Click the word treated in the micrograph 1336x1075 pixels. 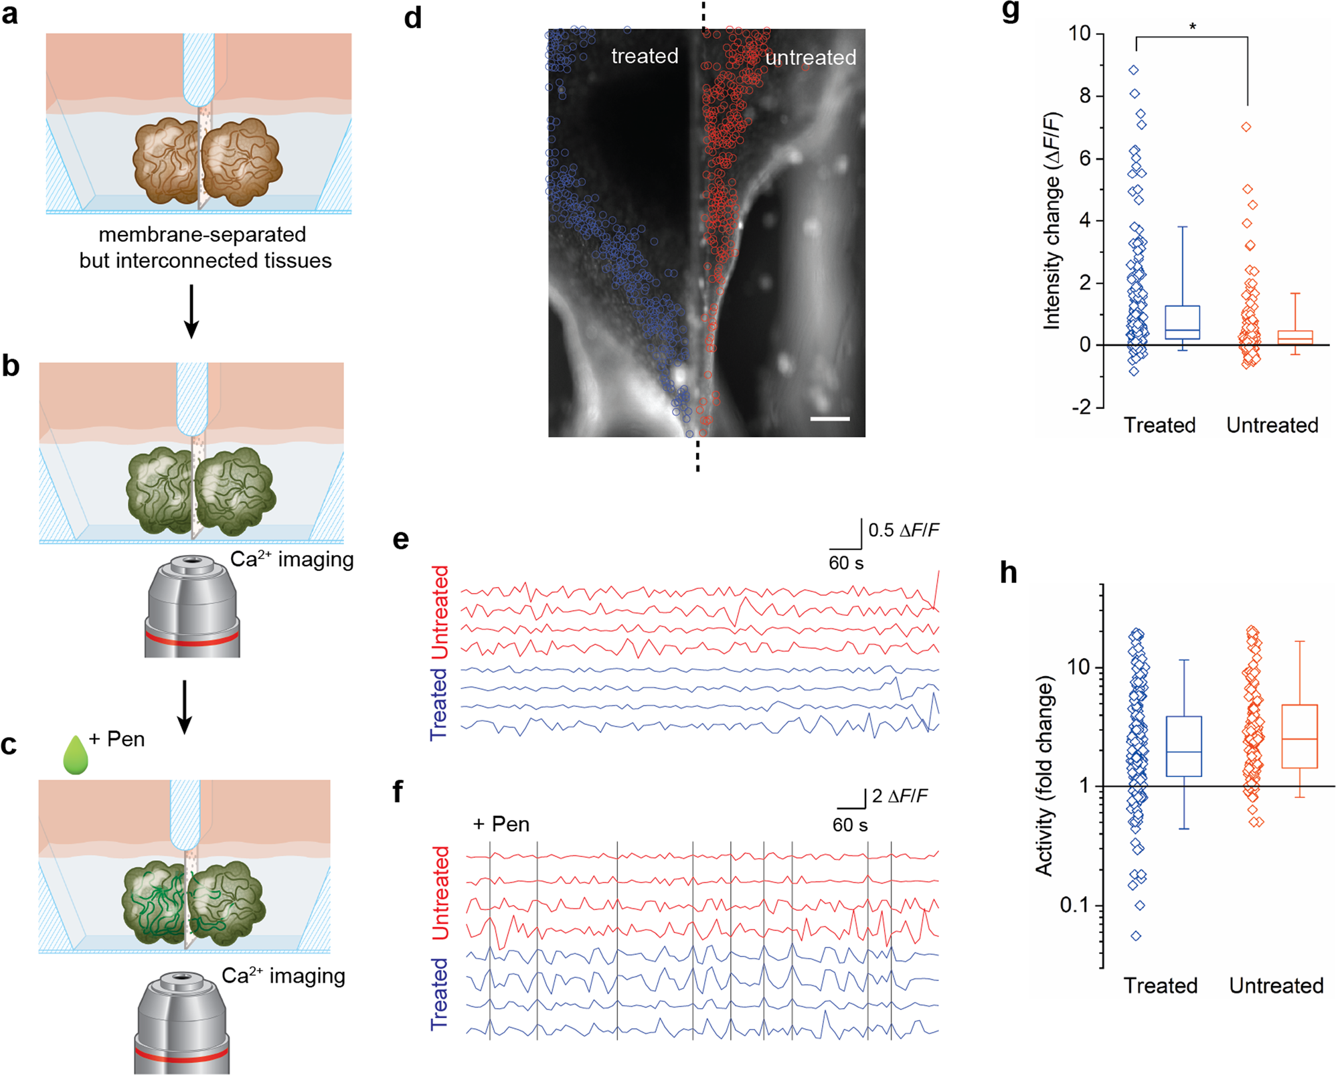click(644, 56)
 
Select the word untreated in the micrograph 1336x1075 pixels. click(810, 58)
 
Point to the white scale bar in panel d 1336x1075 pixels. click(829, 419)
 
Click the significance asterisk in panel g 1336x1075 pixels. click(1192, 27)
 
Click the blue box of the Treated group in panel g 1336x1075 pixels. click(1183, 323)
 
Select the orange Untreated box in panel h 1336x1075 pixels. click(1299, 736)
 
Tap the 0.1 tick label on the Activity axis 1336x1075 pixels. click(1076, 905)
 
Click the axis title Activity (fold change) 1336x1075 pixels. click(1045, 776)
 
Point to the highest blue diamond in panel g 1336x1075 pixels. click(1133, 70)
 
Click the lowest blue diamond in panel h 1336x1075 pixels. click(1136, 936)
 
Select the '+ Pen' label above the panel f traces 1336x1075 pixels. click(501, 824)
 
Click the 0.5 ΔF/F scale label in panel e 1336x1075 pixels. click(903, 530)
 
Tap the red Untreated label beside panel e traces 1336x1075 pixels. click(440, 612)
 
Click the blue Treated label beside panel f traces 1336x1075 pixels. click(439, 993)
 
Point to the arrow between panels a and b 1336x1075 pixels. click(191, 311)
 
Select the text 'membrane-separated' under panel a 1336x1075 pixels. click(202, 234)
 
